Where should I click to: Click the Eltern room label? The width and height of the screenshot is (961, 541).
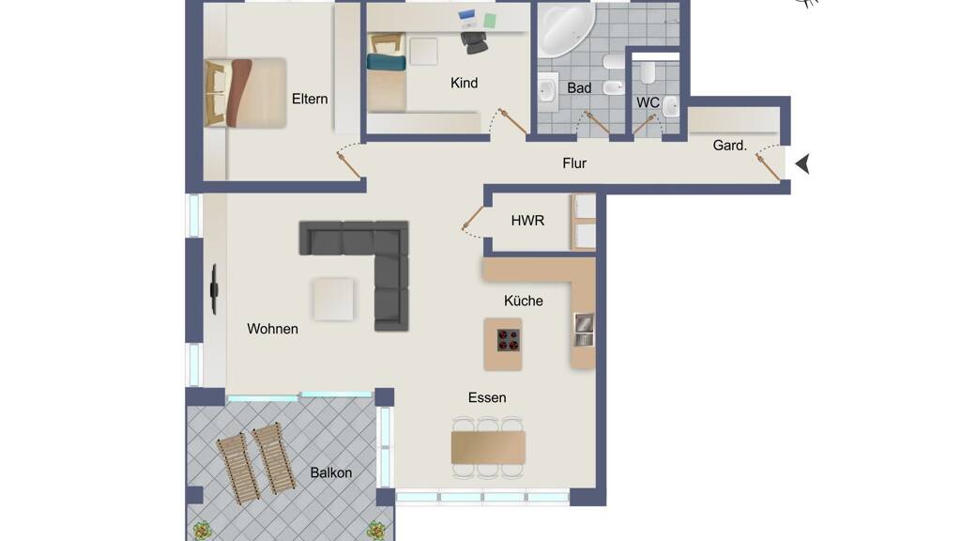point(310,99)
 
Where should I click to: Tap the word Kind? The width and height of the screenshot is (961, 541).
point(464,83)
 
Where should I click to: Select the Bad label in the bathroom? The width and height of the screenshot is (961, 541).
point(579,88)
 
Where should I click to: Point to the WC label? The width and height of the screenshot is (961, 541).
point(648,102)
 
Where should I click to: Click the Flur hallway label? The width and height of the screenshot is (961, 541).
point(574,163)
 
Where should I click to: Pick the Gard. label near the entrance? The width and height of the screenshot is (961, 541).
point(730,146)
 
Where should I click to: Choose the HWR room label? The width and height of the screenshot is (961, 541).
point(527,220)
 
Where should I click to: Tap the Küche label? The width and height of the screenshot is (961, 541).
point(524,301)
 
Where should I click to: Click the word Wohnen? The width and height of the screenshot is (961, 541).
point(273,329)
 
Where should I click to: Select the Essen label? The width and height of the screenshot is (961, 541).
point(487,397)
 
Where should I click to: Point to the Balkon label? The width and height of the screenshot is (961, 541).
point(331,473)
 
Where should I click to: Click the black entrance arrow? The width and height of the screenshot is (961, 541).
point(803,163)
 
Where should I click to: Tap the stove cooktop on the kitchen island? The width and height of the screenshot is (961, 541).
point(508,340)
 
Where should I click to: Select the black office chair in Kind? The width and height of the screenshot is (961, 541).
point(474,41)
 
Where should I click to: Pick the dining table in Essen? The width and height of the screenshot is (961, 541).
point(488,447)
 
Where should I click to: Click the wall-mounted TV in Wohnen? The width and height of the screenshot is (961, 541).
point(214,289)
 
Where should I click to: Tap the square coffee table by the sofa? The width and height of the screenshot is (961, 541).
point(333,300)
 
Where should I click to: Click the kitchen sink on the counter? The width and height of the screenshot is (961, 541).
point(584,330)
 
